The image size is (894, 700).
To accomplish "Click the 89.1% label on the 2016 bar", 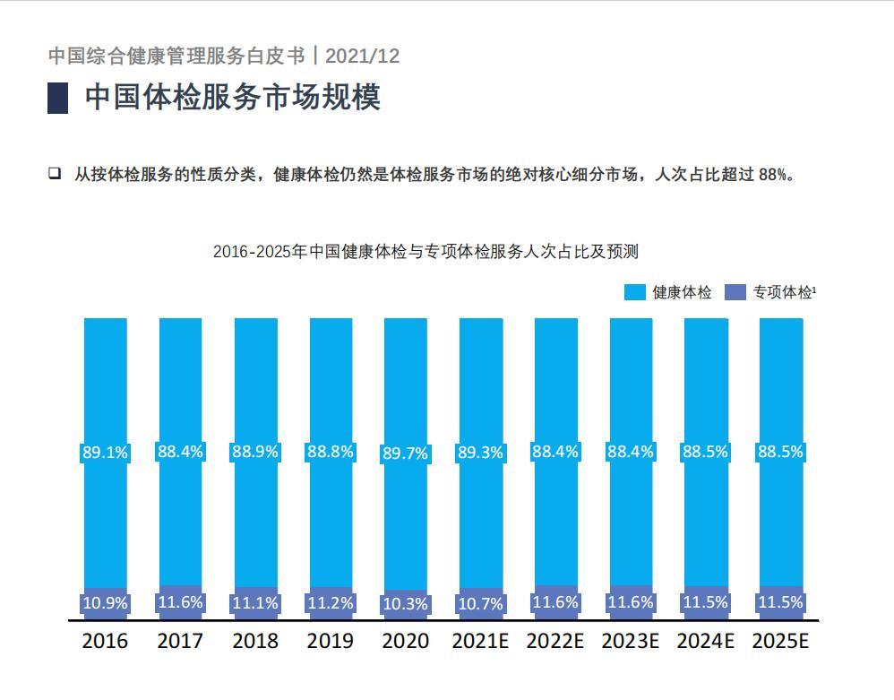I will pos(105,453).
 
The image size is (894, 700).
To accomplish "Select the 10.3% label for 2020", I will pos(405,604).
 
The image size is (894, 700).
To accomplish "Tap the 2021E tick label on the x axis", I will pos(480,641).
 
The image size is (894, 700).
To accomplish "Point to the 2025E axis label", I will pos(780,641).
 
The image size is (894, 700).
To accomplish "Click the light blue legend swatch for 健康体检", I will pos(634,292).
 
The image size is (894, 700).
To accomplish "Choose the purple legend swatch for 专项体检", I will pos(735,292).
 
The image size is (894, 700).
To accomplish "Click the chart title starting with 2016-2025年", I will pos(426,251).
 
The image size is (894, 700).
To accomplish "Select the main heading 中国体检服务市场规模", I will pos(233,97).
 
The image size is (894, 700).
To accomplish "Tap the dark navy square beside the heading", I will pos(57,98).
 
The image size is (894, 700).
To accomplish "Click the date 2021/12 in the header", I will pos(362,56).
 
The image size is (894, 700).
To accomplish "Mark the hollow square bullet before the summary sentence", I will pos(55,173).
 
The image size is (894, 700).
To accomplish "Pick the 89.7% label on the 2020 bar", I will pos(405,454).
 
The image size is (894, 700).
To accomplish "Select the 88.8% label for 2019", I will pos(330,452).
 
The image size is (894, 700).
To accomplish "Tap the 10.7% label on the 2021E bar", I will pos(480,604).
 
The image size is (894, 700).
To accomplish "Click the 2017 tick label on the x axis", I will pos(180,641).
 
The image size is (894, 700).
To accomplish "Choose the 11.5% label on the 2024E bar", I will pos(705,602).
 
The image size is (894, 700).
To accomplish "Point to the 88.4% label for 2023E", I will pos(630,452).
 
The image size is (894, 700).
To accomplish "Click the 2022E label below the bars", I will pos(554,641).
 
